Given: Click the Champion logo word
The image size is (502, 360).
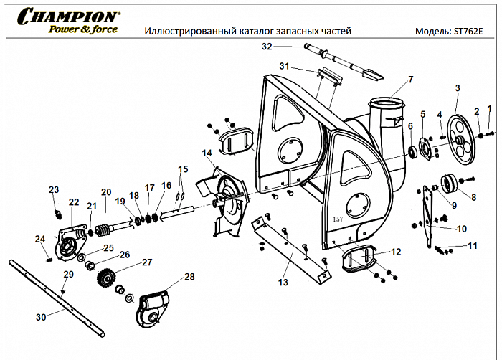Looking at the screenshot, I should click(68, 15).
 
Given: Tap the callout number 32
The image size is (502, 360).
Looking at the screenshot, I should click(267, 47).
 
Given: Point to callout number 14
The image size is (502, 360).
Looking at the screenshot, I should click(207, 153).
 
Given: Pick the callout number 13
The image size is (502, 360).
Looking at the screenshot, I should click(283, 283).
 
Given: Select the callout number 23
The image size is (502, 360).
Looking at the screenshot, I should click(53, 190).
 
